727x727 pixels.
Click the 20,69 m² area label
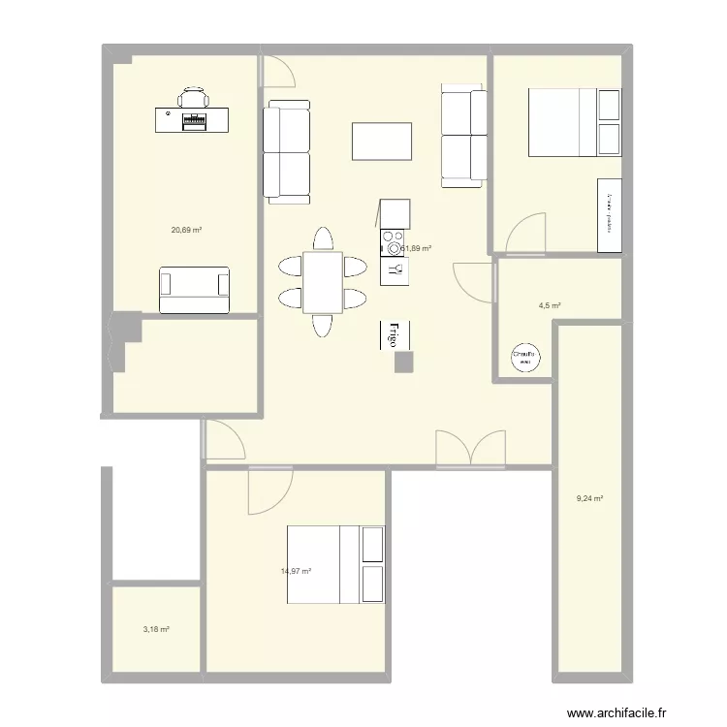[x=186, y=230]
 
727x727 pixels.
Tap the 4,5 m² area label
[x=550, y=306]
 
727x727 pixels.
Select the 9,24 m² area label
[x=589, y=499]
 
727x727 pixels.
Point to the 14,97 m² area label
[x=296, y=571]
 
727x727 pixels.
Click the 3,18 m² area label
[x=156, y=629]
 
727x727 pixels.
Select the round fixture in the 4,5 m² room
[x=524, y=358]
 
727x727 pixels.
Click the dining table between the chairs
[x=322, y=281]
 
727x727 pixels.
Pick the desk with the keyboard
[x=192, y=119]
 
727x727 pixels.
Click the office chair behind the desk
[x=193, y=97]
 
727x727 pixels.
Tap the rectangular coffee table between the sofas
[x=382, y=142]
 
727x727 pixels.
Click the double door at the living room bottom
[x=470, y=449]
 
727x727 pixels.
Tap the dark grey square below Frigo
[x=404, y=362]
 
